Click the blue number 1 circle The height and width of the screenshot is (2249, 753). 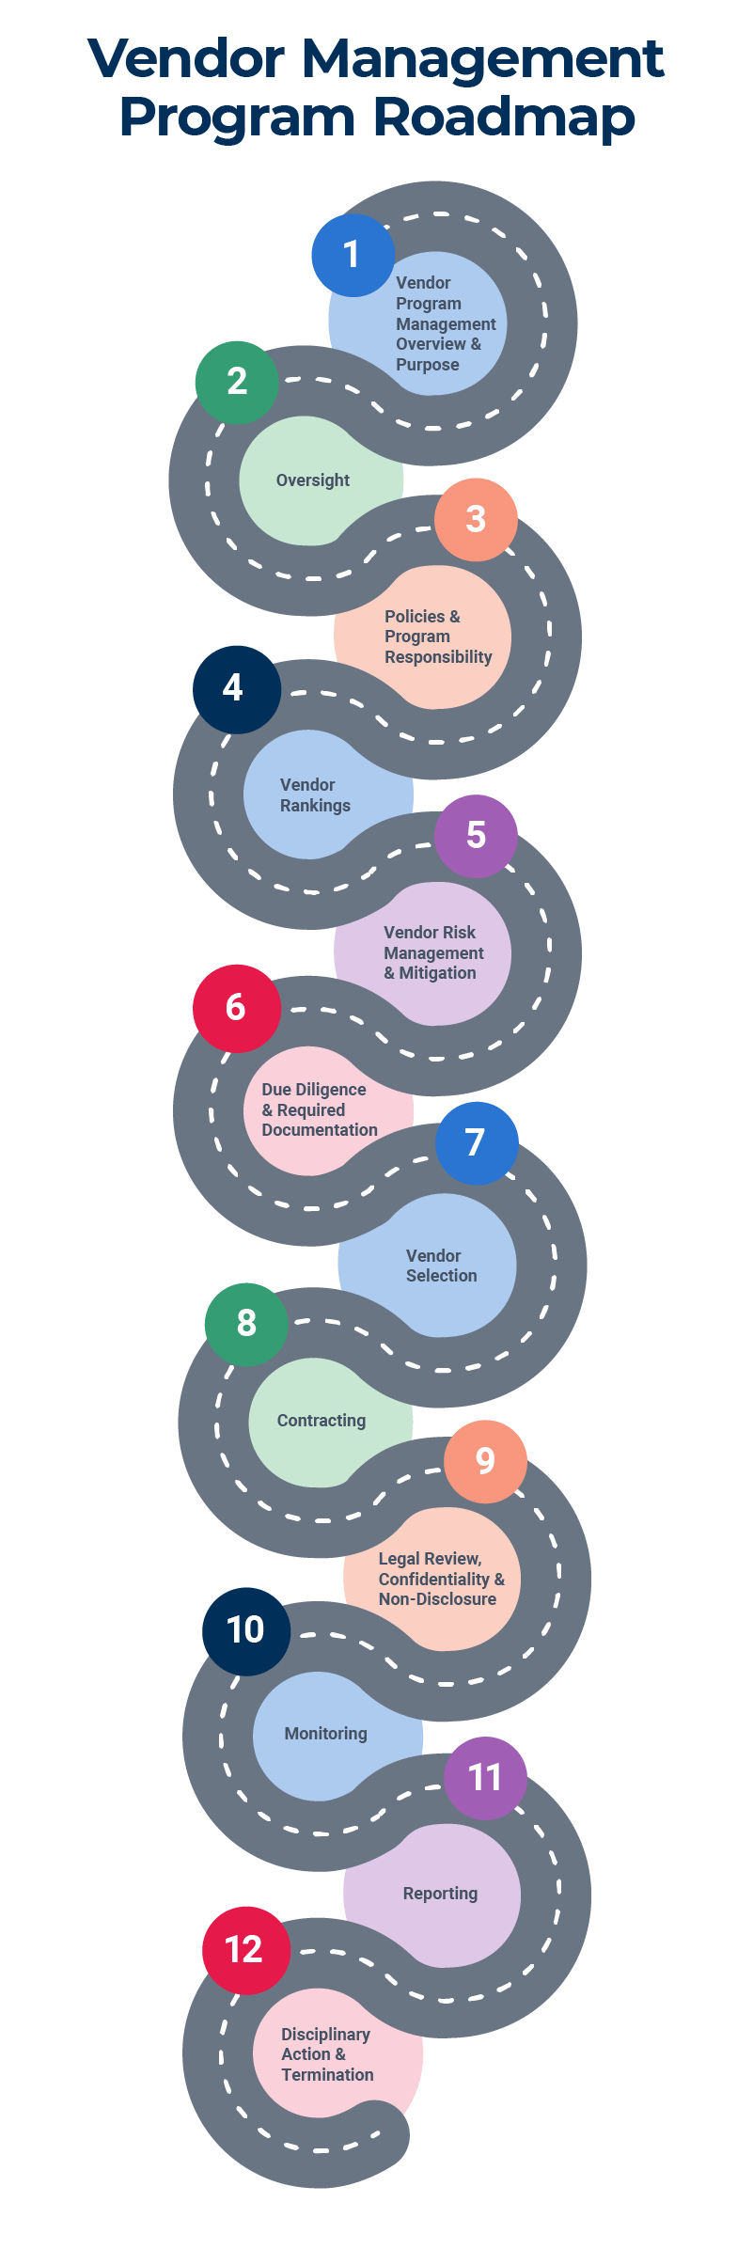(353, 255)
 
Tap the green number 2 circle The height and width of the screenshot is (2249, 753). (237, 382)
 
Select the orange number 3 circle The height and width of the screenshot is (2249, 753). (476, 519)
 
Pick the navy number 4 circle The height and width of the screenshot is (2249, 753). (236, 689)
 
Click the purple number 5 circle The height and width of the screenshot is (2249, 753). (476, 836)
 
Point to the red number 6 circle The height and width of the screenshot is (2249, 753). (236, 1008)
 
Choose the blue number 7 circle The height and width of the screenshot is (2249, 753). (477, 1142)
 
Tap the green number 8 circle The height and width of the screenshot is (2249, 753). (246, 1323)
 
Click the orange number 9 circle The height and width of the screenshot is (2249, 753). (485, 1461)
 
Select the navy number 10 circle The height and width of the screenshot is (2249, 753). (245, 1630)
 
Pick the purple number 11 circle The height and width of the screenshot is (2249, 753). (485, 1777)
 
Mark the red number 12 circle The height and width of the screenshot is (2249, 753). (244, 1950)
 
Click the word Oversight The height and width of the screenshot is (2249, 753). (313, 480)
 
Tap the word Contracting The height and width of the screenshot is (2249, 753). (322, 1421)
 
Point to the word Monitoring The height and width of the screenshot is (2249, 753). (326, 1734)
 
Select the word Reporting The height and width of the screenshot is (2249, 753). (440, 1894)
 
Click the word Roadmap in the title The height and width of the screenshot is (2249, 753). (504, 118)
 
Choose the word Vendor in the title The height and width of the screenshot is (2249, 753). (186, 58)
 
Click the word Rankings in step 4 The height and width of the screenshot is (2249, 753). (315, 806)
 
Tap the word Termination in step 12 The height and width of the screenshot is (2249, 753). (327, 2075)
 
